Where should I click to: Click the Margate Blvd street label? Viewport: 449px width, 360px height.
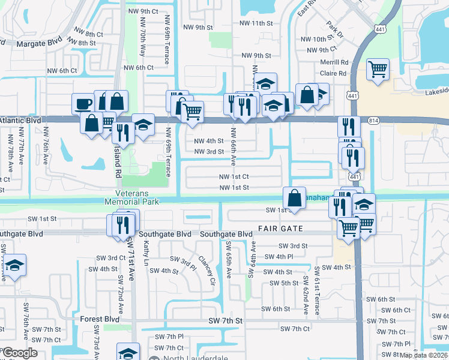39,43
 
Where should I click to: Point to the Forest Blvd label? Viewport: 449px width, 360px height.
100,320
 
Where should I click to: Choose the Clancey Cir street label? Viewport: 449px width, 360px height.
210,270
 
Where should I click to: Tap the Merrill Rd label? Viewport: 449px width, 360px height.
335,62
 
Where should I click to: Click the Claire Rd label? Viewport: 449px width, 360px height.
334,73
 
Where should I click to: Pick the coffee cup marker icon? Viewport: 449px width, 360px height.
82,104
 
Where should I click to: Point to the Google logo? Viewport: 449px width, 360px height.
20,353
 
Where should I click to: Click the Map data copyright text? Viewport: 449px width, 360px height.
424,355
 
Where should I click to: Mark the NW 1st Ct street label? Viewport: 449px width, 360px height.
234,177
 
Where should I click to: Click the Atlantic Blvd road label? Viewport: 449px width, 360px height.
21,121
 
